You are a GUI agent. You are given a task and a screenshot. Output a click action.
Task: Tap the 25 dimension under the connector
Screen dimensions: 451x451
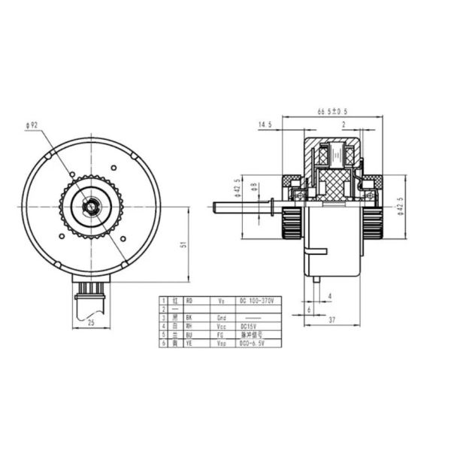tap(91, 322)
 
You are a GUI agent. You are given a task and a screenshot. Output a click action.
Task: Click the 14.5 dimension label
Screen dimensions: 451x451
tap(265, 125)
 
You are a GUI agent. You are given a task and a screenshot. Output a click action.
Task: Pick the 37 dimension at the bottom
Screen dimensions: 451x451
tap(331, 320)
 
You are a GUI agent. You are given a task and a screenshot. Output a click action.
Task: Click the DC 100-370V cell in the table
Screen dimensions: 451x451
tap(255, 301)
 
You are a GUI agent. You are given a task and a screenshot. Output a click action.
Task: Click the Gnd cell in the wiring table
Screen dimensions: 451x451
tap(221, 317)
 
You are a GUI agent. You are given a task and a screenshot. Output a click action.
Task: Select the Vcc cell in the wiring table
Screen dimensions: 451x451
tap(221, 325)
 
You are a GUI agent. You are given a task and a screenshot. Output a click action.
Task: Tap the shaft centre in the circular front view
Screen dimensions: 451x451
tap(91, 206)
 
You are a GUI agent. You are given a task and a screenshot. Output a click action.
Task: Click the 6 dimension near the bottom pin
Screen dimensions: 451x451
tap(308, 309)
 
